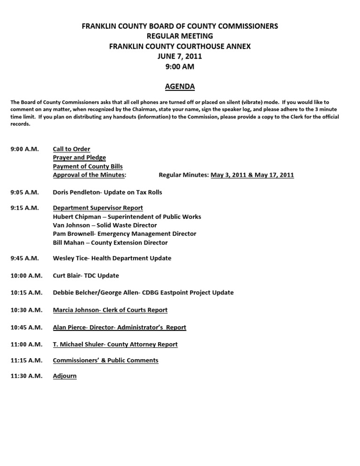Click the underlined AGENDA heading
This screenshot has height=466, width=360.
point(180,87)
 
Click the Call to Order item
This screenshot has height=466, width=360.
point(71,149)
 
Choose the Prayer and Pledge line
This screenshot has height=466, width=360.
point(79,158)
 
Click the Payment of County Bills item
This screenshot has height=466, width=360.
point(88,166)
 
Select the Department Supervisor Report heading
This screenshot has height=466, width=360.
point(98,208)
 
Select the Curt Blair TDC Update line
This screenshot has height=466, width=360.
point(86,276)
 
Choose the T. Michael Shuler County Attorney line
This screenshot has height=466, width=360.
point(115,344)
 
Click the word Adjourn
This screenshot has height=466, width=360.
point(65,376)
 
